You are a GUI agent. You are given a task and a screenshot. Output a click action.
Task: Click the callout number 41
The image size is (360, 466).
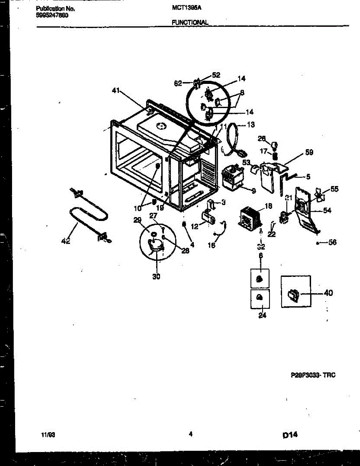pyautogui.click(x=115, y=91)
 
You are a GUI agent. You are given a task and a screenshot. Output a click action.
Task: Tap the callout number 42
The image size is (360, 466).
pyautogui.click(x=66, y=241)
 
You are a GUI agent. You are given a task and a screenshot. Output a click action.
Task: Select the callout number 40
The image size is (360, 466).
pyautogui.click(x=328, y=293)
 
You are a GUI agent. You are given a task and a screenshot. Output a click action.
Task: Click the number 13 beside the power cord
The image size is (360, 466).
pyautogui.click(x=251, y=124)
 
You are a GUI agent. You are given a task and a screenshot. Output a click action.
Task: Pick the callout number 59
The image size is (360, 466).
pyautogui.click(x=309, y=152)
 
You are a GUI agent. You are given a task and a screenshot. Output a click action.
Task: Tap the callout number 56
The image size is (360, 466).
pyautogui.click(x=332, y=243)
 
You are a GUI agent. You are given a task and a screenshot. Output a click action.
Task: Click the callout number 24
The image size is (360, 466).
pyautogui.click(x=263, y=315)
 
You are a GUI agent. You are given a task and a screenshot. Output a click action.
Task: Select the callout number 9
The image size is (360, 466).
pyautogui.click(x=254, y=191)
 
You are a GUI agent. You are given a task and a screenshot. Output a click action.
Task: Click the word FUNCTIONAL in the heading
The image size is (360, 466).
pyautogui.click(x=190, y=23)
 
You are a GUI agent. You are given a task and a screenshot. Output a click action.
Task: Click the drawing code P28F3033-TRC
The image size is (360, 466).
pyautogui.click(x=313, y=375)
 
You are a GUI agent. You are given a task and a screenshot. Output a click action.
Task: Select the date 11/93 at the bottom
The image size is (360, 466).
pyautogui.click(x=48, y=435)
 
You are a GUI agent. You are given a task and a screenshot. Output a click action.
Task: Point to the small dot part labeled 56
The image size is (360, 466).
pyautogui.click(x=318, y=243)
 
